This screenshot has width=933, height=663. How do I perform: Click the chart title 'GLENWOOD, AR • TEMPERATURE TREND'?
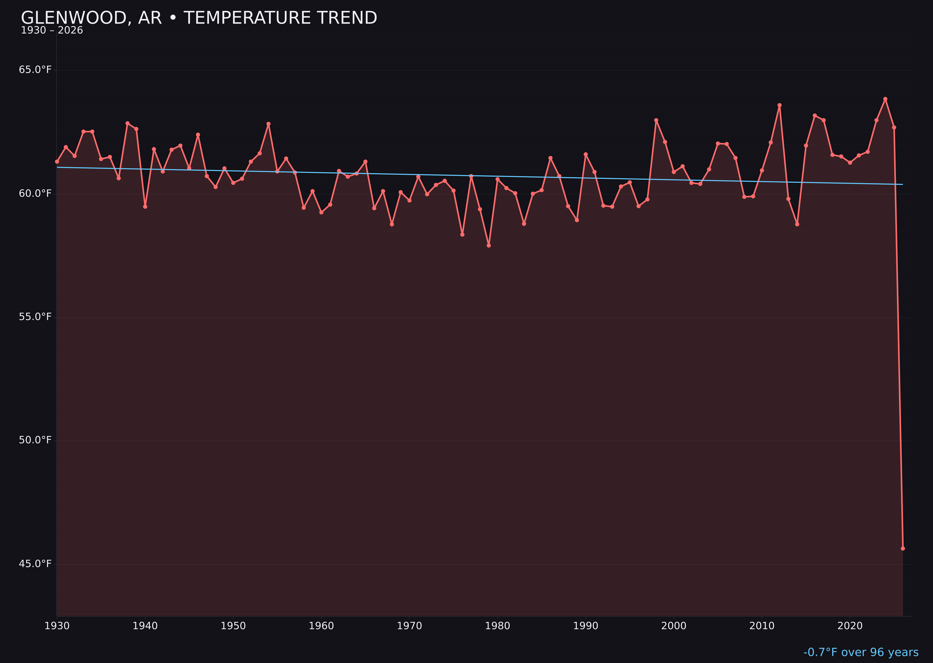point(199,18)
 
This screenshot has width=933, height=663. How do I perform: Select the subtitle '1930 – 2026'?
point(52,31)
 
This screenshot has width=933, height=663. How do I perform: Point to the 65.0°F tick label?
point(35,70)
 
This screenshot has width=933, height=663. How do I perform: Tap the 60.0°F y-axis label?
point(35,193)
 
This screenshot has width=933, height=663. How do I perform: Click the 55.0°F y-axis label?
point(35,317)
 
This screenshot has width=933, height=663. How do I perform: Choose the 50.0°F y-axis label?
point(35,440)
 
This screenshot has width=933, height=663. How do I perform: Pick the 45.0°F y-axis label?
point(35,564)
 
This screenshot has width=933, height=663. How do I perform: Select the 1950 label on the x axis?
point(233,626)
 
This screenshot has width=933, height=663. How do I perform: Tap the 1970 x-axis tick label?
point(409,626)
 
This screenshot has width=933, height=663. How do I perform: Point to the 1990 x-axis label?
point(586,626)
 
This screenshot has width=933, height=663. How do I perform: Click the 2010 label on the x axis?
point(762,626)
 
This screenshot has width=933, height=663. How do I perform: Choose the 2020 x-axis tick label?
point(850,626)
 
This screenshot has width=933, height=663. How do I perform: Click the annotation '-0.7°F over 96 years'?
point(861,652)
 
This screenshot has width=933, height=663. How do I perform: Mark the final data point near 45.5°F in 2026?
point(903,548)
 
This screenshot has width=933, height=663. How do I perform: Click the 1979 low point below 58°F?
point(489,245)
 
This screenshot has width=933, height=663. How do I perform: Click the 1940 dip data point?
point(145,207)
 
